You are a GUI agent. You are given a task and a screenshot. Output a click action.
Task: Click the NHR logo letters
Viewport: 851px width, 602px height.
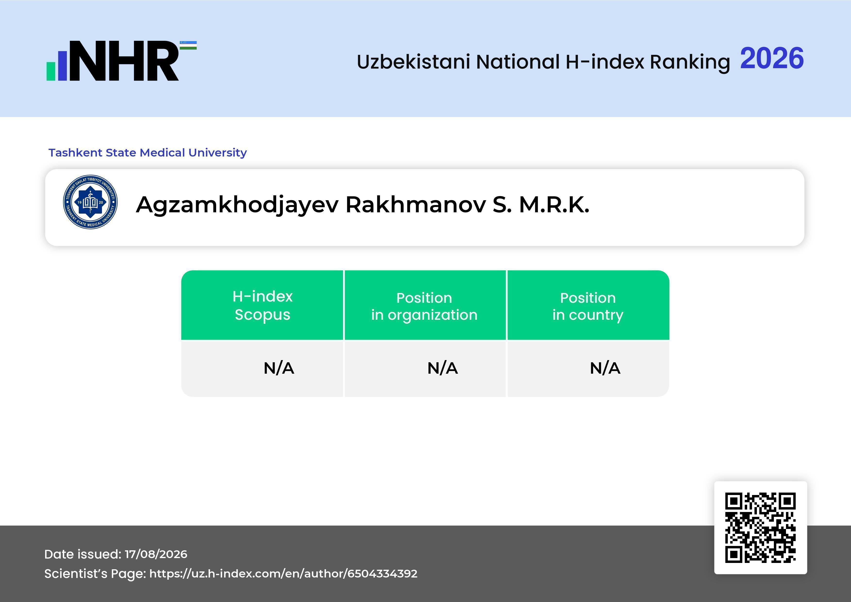(x=124, y=61)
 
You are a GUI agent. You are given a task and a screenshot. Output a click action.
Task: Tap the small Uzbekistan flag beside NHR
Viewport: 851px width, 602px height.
(x=188, y=45)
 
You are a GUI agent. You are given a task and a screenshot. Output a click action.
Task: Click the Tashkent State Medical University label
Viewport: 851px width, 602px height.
(x=147, y=153)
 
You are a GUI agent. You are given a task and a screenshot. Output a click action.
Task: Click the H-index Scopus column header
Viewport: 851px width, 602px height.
(x=262, y=305)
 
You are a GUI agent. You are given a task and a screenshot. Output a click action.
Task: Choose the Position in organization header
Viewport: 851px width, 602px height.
(x=424, y=306)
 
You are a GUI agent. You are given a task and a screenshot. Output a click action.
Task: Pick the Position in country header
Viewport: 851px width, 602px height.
(x=588, y=306)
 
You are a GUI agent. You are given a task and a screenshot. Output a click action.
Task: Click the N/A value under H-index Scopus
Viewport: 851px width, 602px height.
(x=279, y=368)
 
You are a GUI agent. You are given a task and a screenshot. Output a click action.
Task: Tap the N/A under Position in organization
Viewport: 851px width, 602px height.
(x=442, y=368)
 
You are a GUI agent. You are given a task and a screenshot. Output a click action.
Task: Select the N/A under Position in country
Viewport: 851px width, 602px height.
(x=605, y=368)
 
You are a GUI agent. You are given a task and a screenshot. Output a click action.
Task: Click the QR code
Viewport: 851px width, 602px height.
(x=761, y=528)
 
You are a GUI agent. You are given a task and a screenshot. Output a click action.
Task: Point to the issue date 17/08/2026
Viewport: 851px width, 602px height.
(x=156, y=554)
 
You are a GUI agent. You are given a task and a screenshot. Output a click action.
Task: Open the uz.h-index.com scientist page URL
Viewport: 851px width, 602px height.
(x=283, y=573)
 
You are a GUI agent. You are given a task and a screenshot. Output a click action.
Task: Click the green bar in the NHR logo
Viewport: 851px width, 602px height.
(x=50, y=71)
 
